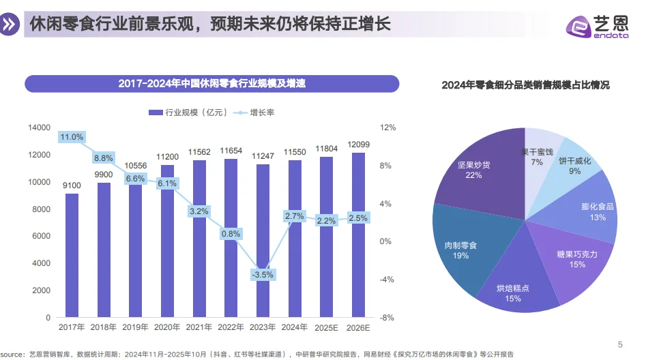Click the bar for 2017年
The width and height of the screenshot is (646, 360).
(x=72, y=256)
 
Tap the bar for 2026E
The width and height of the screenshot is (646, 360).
(x=358, y=235)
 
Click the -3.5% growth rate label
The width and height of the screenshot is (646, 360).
(x=263, y=275)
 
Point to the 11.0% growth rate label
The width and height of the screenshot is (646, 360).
(x=72, y=137)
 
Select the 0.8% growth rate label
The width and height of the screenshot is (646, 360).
(x=231, y=234)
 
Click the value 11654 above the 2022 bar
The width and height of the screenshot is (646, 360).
(x=231, y=151)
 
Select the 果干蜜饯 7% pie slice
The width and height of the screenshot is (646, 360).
(x=538, y=156)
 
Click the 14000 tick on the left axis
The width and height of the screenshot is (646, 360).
(x=40, y=127)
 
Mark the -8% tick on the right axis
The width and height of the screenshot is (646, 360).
(x=387, y=318)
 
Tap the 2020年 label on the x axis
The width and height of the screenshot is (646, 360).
(x=167, y=328)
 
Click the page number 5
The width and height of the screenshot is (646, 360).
(x=619, y=344)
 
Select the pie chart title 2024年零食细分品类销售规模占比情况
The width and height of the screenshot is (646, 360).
(x=525, y=85)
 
